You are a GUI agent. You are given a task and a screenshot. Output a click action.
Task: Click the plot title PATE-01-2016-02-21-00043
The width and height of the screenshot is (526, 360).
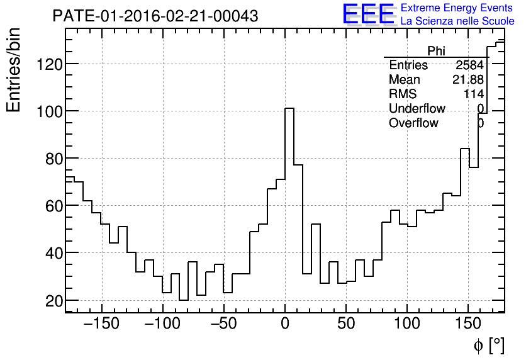point(155,16)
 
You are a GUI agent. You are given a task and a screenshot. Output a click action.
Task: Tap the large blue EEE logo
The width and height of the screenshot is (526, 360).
point(369,14)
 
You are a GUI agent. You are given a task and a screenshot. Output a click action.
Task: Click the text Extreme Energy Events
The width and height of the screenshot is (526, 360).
point(456,8)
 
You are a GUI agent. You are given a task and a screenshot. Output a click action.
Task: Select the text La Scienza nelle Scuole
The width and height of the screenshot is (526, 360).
point(457,21)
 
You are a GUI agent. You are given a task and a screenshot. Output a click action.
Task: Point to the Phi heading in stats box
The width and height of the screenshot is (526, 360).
point(436,51)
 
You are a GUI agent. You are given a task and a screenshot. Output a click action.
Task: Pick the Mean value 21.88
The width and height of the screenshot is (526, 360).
point(467,80)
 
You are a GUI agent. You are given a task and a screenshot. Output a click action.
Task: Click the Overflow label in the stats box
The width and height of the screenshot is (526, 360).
point(413,123)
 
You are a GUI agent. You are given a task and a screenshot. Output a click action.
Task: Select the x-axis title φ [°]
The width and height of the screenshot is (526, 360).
point(488,346)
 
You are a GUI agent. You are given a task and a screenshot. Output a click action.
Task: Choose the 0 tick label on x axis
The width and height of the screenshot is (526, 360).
point(285,324)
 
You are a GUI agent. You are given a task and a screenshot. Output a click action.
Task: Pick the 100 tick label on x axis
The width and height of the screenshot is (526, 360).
point(407,324)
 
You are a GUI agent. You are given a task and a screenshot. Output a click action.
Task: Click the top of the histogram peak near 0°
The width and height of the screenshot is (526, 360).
point(289,108)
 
